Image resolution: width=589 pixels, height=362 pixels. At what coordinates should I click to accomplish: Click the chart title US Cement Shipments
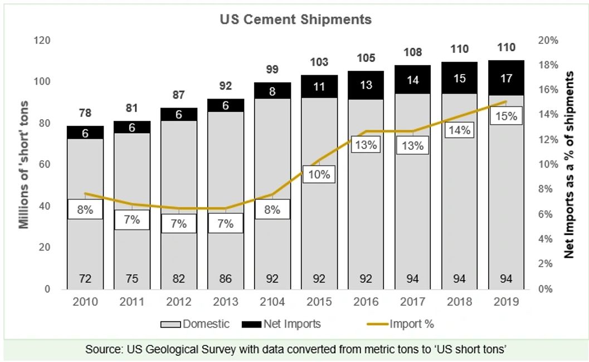[295, 19]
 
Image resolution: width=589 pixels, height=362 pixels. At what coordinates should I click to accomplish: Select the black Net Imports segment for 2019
[507, 78]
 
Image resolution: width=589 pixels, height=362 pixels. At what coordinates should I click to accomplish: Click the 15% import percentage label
[507, 116]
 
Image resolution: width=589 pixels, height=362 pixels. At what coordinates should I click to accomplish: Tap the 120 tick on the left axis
[42, 41]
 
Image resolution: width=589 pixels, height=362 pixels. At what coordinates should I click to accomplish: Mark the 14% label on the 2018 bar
[460, 130]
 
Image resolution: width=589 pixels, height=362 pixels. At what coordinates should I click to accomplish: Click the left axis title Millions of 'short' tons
[24, 164]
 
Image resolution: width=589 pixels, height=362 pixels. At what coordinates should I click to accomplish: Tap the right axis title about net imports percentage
[569, 164]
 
